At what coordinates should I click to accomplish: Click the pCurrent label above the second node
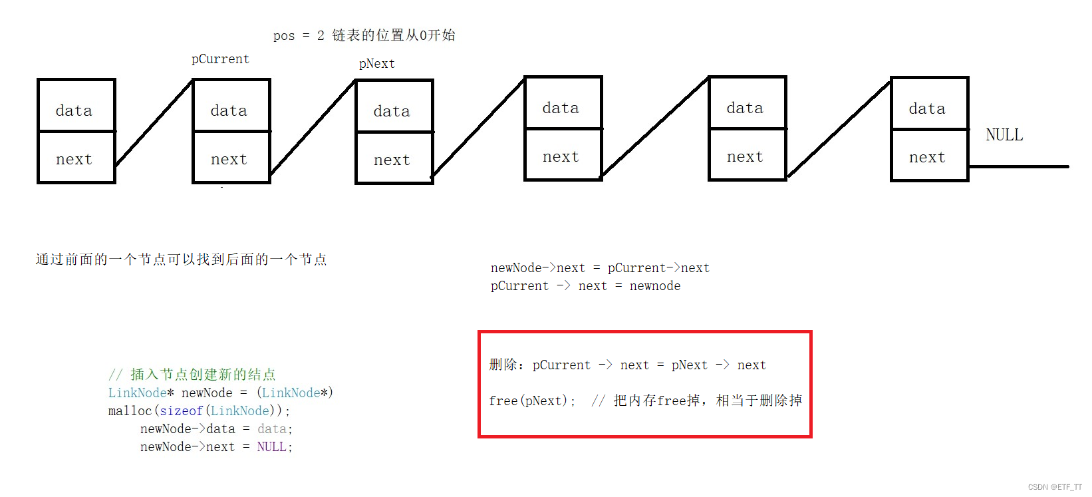(220, 59)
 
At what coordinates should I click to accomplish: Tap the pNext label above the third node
(376, 64)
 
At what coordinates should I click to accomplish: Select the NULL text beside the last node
(1004, 135)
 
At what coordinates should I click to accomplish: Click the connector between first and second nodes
(154, 124)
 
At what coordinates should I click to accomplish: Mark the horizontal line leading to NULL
(1018, 166)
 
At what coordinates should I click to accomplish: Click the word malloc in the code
(130, 411)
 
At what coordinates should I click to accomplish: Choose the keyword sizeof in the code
(181, 411)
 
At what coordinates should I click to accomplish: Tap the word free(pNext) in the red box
(531, 401)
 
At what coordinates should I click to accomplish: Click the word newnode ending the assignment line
(655, 286)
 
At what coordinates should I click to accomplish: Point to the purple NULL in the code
(271, 447)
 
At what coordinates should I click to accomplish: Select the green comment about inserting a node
(192, 375)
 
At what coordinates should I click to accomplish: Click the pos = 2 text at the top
(299, 35)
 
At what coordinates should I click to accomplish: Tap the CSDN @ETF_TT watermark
(1055, 487)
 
